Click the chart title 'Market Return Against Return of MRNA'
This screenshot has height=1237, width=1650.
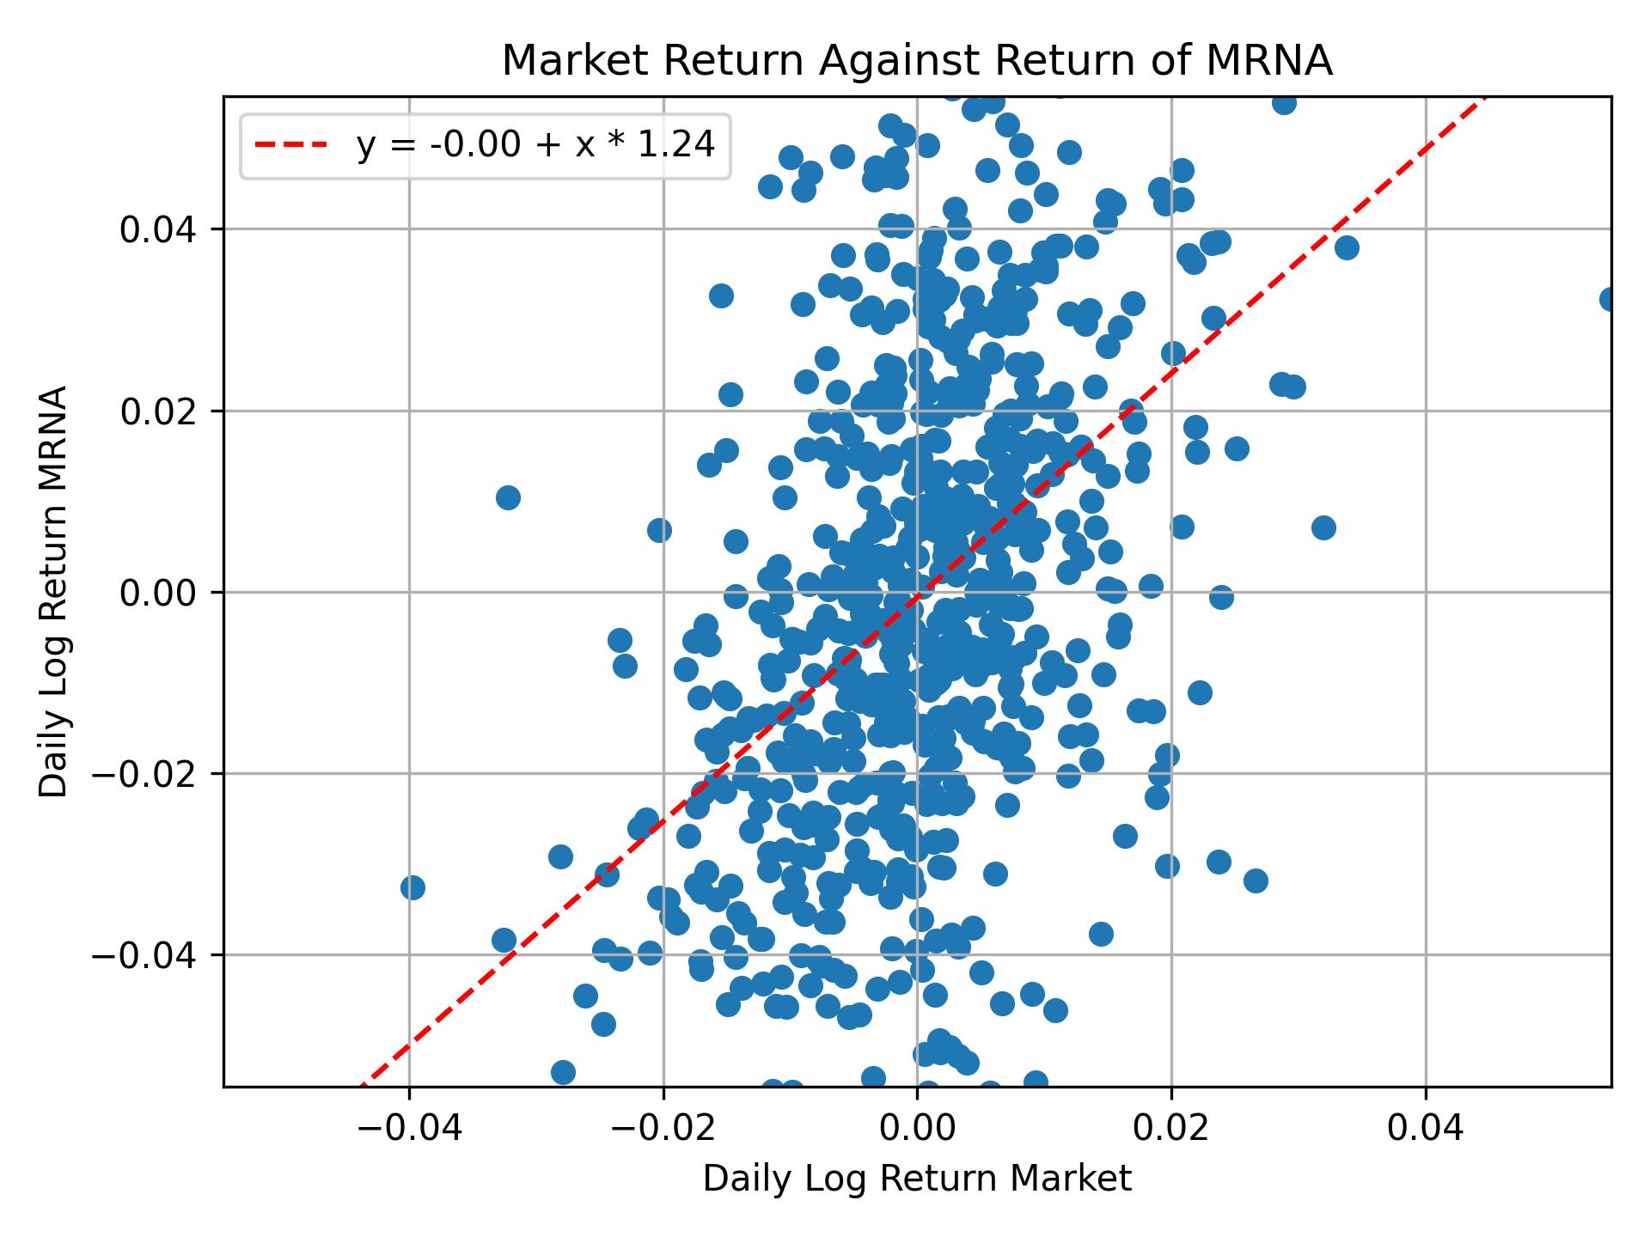[x=917, y=62]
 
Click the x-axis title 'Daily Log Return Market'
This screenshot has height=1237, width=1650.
[x=917, y=1179]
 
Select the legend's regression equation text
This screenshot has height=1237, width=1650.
[x=535, y=146]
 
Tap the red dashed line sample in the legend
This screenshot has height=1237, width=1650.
[x=291, y=146]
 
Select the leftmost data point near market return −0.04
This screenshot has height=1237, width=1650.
[x=412, y=887]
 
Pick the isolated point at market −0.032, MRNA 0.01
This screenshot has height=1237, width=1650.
[x=508, y=497]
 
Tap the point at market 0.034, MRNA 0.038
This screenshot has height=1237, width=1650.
[x=1347, y=247]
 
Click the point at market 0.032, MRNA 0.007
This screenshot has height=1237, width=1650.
[x=1323, y=527]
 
